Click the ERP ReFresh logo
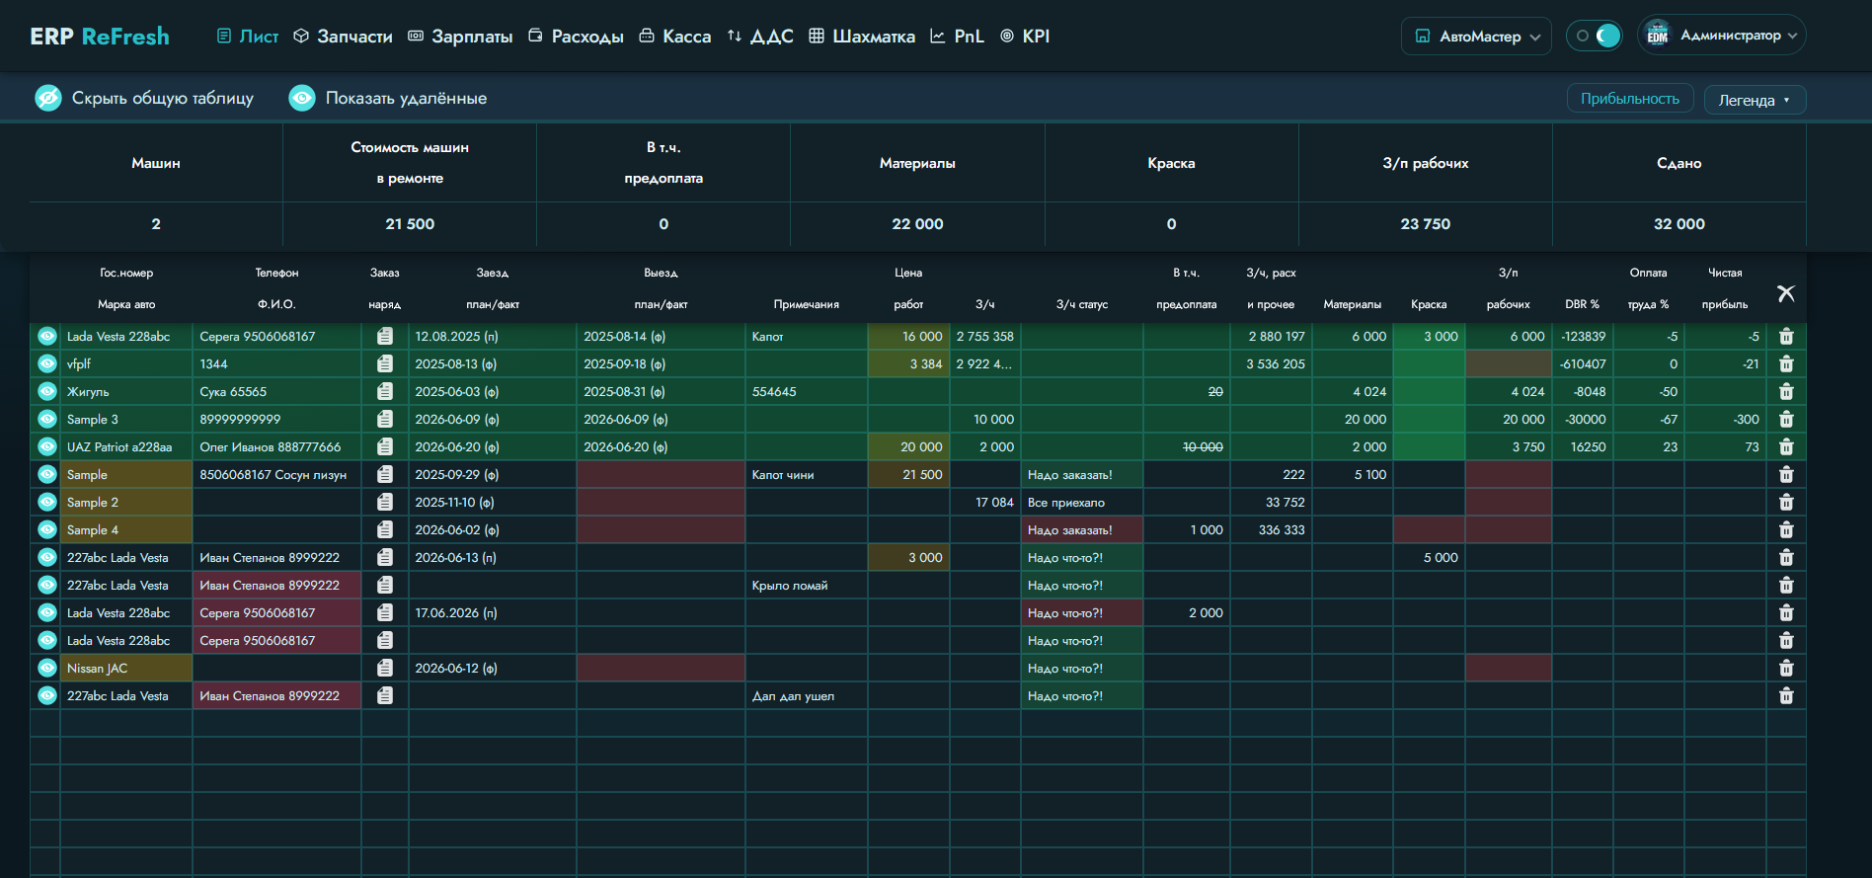click(100, 37)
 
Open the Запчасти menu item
click(344, 37)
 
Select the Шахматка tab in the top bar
click(862, 37)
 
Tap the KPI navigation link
click(1025, 37)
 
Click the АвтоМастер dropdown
click(1476, 37)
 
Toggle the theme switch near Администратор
click(1595, 37)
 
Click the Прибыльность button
click(1630, 99)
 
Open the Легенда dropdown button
click(1755, 100)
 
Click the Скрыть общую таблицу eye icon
click(48, 98)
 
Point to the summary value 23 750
click(1426, 224)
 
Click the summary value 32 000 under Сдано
click(1679, 224)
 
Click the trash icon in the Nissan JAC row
click(1786, 669)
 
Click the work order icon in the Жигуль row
click(385, 392)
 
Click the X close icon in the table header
click(1786, 293)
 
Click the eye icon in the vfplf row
click(46, 364)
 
